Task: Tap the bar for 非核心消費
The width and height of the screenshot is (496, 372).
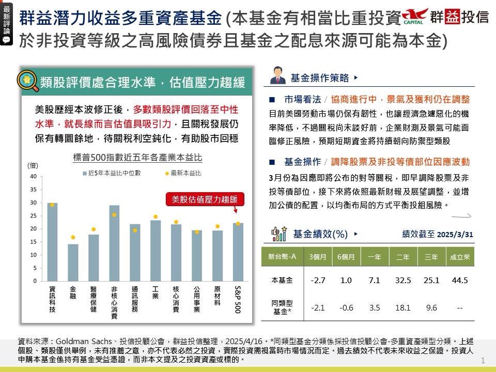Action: click(114, 243)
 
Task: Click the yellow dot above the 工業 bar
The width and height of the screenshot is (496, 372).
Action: click(155, 217)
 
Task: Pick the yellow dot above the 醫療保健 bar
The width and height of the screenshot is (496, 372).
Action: click(94, 229)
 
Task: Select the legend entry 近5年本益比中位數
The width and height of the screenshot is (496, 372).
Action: click(111, 173)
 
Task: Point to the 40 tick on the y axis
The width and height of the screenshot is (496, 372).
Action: click(33, 176)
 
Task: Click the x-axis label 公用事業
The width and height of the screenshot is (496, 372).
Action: click(196, 300)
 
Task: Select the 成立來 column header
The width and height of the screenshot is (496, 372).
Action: click(459, 256)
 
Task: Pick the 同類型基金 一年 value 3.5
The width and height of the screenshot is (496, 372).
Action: click(375, 307)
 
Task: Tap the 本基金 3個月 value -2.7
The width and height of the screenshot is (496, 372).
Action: click(318, 280)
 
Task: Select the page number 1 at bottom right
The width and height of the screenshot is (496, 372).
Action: click(483, 360)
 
